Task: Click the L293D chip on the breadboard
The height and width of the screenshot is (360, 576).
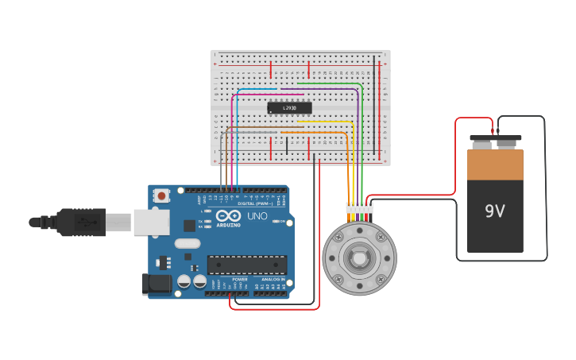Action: point(289,107)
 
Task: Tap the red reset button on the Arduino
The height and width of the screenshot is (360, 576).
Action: point(161,195)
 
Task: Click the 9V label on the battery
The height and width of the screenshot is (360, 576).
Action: point(495,212)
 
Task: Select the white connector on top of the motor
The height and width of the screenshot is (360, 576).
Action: point(359,208)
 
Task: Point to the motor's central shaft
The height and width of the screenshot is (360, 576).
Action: point(359,258)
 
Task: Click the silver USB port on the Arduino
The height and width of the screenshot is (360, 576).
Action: point(151,223)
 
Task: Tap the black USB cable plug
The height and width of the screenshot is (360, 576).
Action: point(79,223)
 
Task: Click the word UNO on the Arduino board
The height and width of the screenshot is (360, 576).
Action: point(257,216)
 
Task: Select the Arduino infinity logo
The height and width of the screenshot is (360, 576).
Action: point(228,215)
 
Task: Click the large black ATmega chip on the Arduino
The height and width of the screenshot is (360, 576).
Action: point(246,265)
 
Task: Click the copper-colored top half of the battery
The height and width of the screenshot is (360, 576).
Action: point(495,165)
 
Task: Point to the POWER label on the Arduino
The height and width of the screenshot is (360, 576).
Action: point(240,280)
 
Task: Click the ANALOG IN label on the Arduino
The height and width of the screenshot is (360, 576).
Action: point(273,280)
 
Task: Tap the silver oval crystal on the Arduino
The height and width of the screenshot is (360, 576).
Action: point(187,244)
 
